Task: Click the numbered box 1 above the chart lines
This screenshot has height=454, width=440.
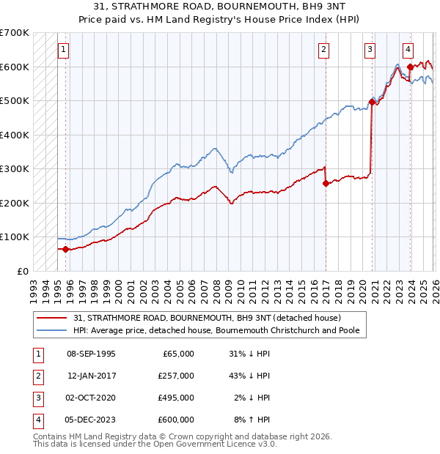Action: pos(65,50)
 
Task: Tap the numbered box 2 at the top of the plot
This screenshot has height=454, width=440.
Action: pos(323,50)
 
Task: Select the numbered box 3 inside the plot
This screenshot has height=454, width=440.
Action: pos(370,50)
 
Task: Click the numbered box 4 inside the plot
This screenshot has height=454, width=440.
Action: pos(408,50)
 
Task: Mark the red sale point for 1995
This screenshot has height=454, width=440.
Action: pos(66,249)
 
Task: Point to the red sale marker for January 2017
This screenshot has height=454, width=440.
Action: pos(326,184)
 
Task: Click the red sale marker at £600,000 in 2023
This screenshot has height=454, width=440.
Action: pos(410,67)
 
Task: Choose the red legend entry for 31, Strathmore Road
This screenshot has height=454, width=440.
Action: pos(206,318)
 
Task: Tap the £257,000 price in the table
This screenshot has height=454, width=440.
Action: pos(176,375)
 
